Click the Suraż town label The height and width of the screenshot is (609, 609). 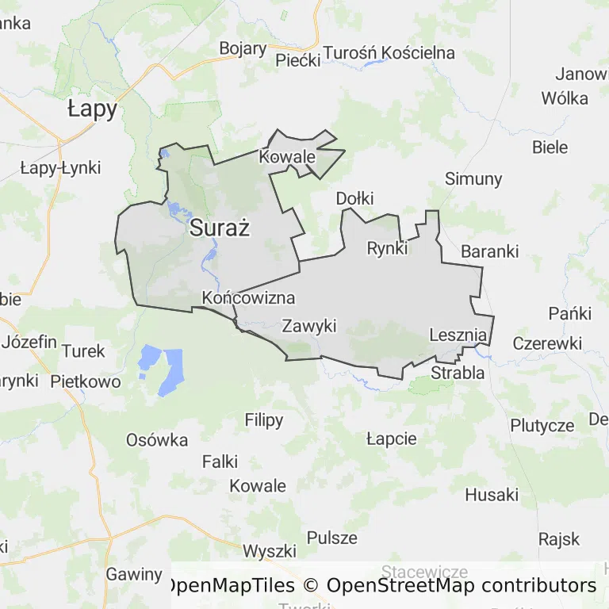220,229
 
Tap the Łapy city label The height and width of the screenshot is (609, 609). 92,109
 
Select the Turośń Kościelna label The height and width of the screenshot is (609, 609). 388,53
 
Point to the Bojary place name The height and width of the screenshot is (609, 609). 243,48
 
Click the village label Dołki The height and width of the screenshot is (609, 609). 354,198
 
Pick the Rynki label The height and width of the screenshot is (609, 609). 387,248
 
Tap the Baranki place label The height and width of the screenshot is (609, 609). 489,251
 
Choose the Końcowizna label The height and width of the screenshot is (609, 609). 248,298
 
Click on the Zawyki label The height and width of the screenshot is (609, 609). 309,325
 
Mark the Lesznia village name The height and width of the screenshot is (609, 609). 458,335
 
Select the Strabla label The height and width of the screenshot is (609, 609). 458,372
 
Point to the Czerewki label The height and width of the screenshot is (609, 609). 547,343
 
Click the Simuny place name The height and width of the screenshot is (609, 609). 473,178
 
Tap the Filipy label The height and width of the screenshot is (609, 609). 264,420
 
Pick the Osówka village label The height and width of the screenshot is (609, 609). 157,440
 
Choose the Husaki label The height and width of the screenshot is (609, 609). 492,495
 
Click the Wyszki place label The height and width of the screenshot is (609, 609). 270,550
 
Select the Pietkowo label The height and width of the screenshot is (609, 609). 86,381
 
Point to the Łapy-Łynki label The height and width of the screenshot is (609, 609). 60,167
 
